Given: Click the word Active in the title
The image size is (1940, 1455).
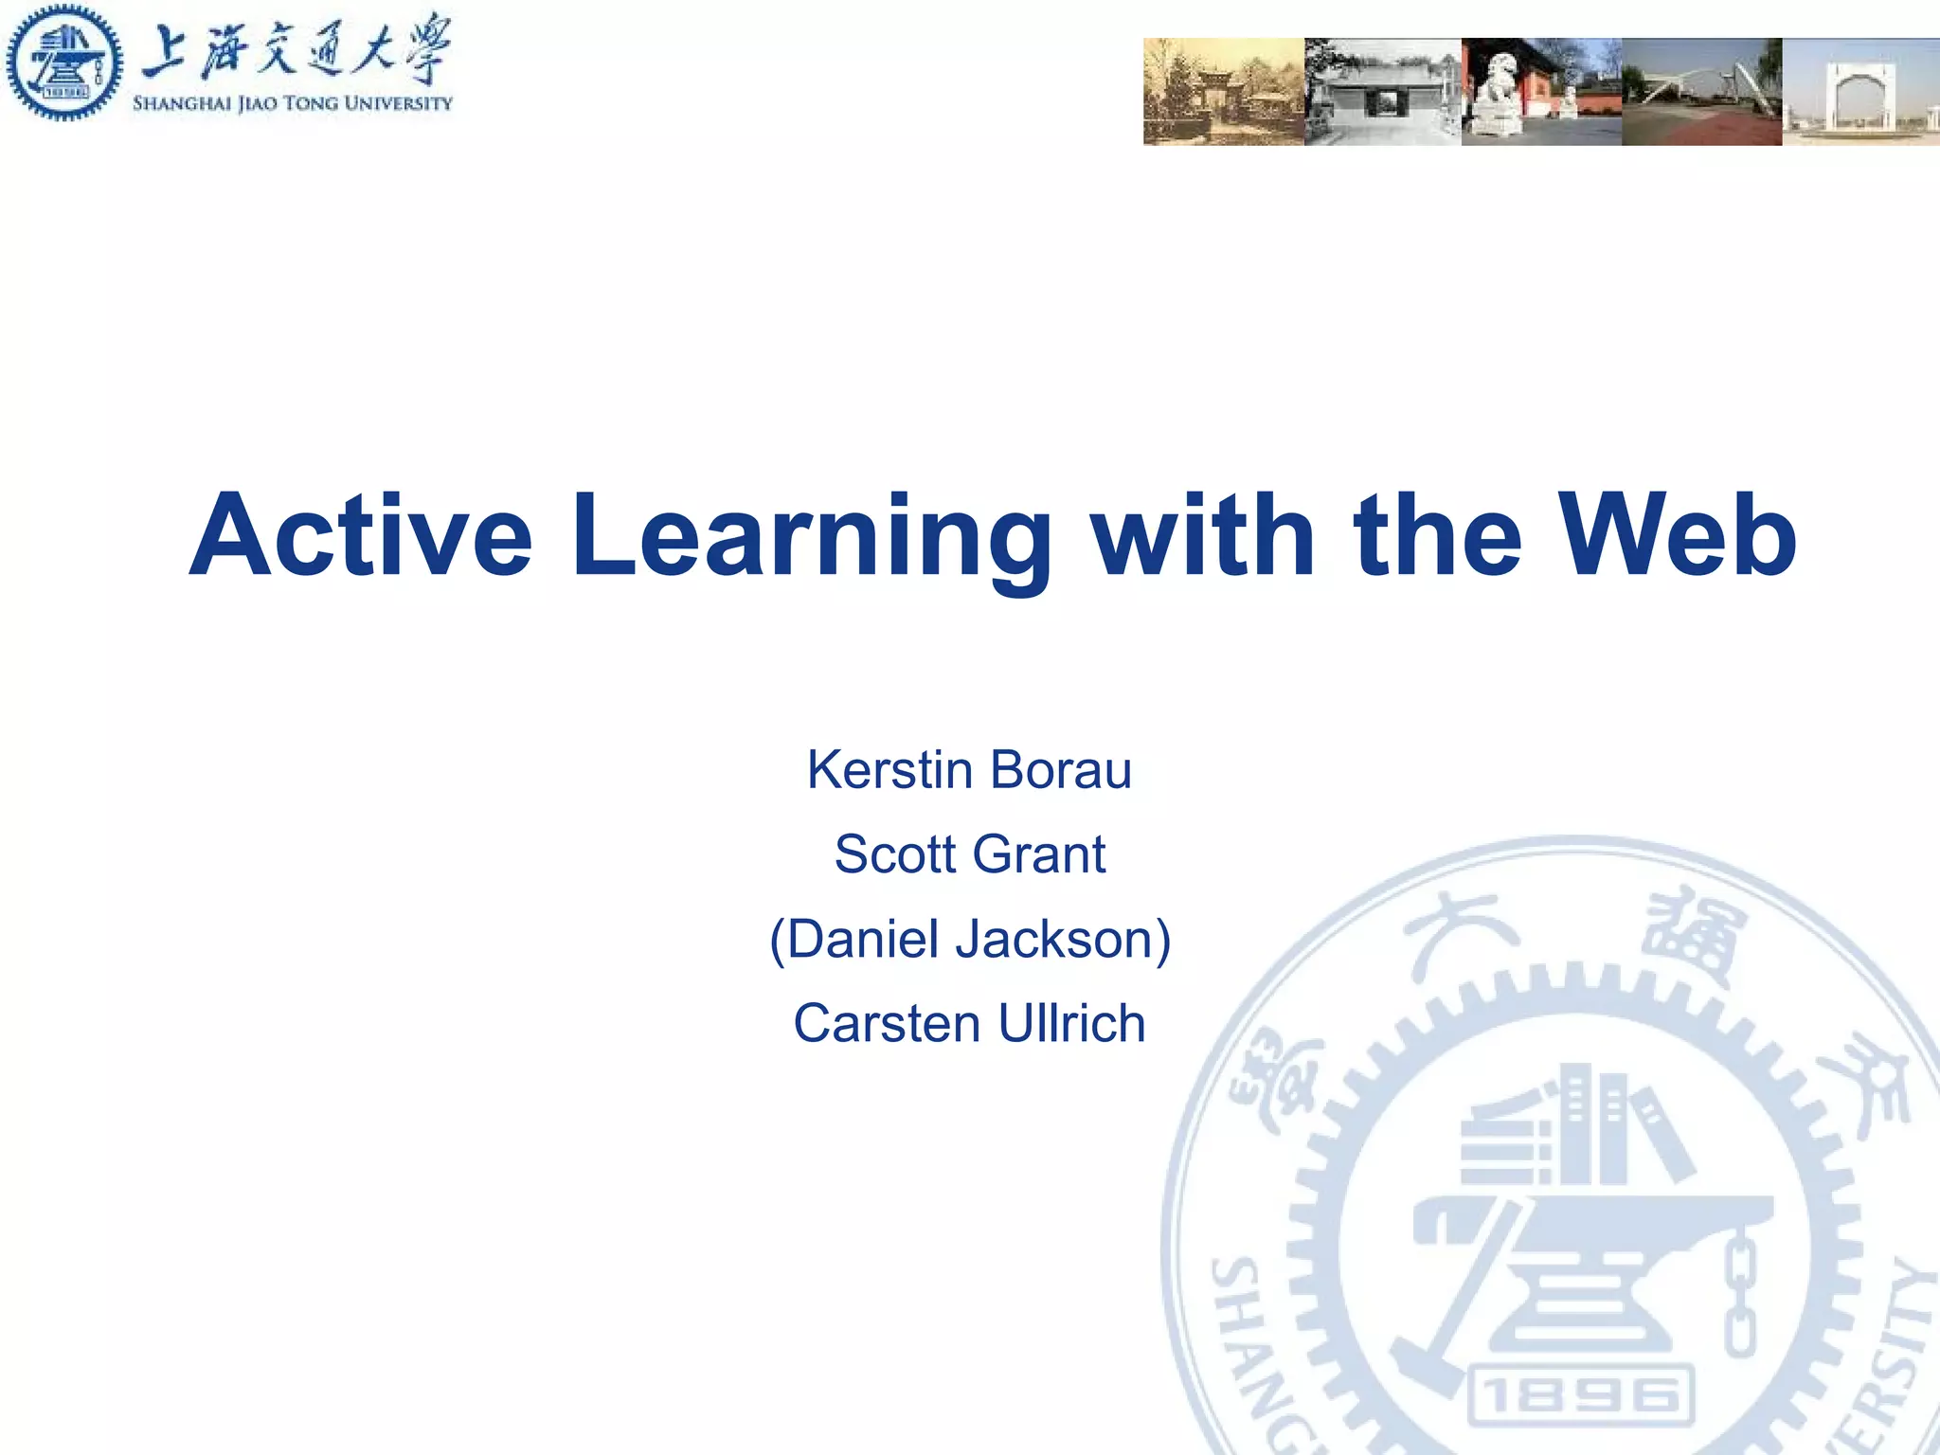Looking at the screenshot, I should pyautogui.click(x=360, y=536).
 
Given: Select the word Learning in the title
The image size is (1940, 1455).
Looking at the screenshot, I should pyautogui.click(x=811, y=536).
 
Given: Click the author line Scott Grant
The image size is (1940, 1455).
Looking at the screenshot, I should pyautogui.click(x=969, y=854).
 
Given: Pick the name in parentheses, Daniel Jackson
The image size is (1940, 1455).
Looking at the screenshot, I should pyautogui.click(x=969, y=940).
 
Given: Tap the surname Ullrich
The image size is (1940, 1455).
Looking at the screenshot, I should pyautogui.click(x=1071, y=1024).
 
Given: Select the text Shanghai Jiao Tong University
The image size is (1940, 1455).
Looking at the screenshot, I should pyautogui.click(x=292, y=103).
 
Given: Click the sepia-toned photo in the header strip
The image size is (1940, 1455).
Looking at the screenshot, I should pyautogui.click(x=1223, y=92).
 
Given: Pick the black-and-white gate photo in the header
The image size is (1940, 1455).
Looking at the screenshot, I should pyautogui.click(x=1382, y=92).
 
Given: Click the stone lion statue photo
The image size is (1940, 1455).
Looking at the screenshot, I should pyautogui.click(x=1541, y=92).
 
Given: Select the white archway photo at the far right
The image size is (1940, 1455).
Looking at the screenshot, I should pyautogui.click(x=1860, y=92).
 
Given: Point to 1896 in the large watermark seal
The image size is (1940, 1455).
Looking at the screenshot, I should pyautogui.click(x=1580, y=1395).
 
